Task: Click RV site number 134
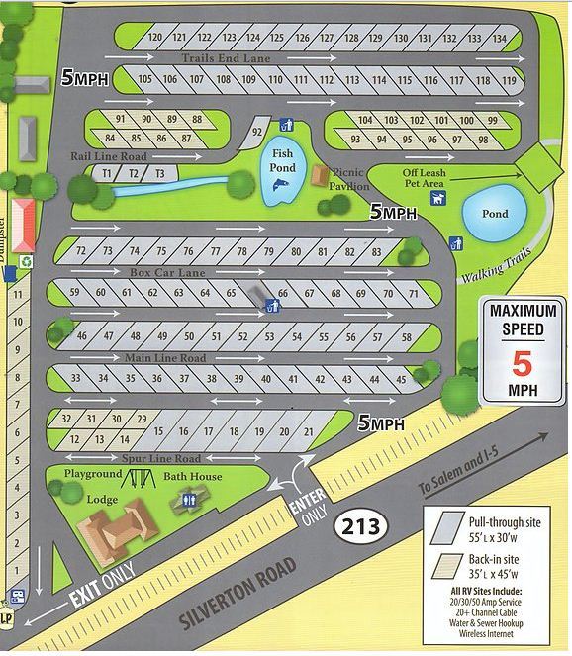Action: [x=501, y=39]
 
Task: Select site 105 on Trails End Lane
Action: [x=145, y=79]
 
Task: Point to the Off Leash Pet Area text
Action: [x=424, y=178]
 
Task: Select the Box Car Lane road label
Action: [x=167, y=271]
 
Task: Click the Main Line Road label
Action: [x=165, y=357]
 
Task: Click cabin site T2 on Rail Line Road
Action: [x=132, y=173]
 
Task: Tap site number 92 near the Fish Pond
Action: [x=256, y=131]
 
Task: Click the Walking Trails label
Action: [x=496, y=265]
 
